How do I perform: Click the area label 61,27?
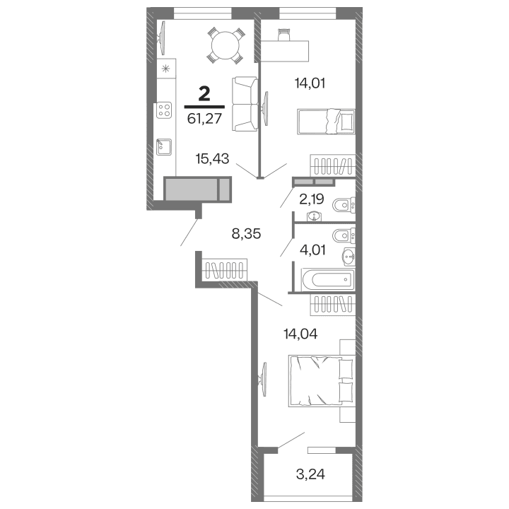click(x=205, y=118)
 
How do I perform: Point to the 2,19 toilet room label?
click(x=312, y=199)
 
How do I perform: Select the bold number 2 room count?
click(x=205, y=93)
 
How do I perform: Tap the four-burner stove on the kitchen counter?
click(x=165, y=110)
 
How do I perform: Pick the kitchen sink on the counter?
click(x=164, y=147)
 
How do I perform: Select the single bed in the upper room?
click(x=324, y=121)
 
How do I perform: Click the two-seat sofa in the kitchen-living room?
click(x=243, y=103)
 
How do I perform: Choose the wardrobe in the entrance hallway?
click(x=226, y=270)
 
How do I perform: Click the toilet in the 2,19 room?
click(x=344, y=204)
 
